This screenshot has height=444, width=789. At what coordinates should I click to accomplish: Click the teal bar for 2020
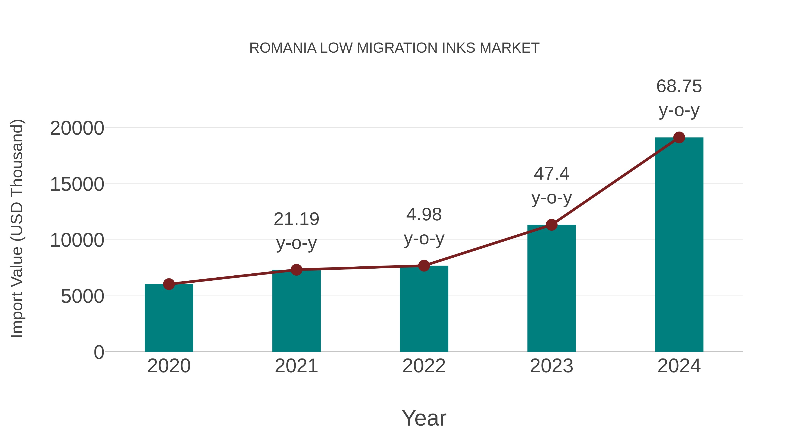point(169,319)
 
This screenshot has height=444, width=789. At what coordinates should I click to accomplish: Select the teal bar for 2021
point(296,311)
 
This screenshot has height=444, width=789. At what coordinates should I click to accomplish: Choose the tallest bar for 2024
point(679,245)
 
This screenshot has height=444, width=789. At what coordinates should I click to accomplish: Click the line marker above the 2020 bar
point(169,284)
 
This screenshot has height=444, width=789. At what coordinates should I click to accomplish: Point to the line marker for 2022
point(424,266)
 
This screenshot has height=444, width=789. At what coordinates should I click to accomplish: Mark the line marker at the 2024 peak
point(679,137)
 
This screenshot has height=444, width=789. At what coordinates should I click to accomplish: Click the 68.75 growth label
point(679,86)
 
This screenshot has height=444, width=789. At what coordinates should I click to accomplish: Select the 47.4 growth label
point(551,174)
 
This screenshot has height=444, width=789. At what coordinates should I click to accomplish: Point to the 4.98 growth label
point(424,214)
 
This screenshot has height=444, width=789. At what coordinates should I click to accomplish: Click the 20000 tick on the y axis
point(77,128)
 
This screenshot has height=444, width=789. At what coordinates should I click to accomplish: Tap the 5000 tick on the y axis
point(82,296)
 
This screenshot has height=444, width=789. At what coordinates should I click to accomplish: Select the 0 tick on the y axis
point(99,352)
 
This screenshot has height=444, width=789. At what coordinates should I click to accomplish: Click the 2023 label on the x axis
point(551,366)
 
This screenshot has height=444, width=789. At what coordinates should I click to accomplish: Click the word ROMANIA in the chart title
point(283,48)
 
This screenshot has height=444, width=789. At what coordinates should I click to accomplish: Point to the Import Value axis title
point(17,228)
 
